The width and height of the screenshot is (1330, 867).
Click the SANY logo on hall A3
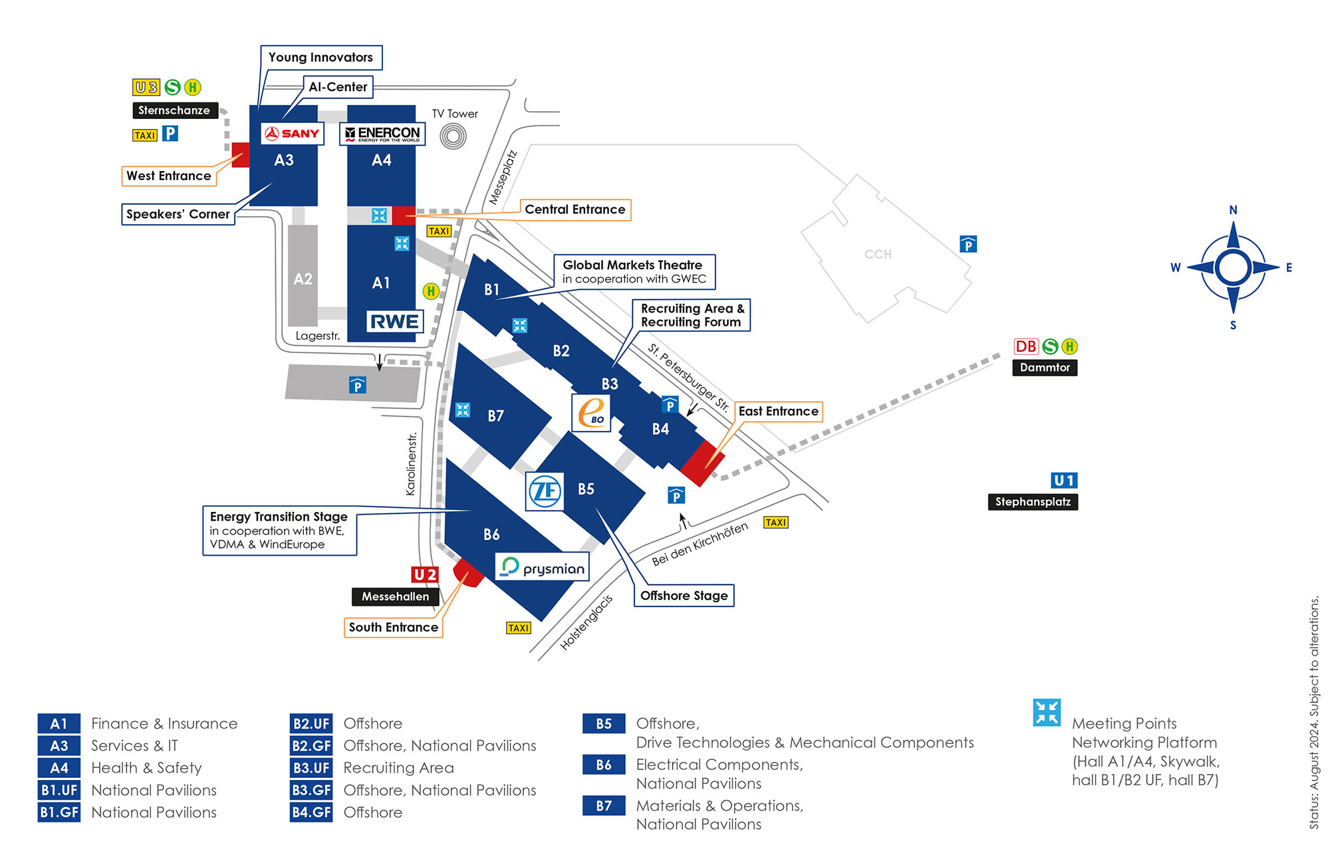pyautogui.click(x=293, y=134)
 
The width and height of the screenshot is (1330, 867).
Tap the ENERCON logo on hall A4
pyautogui.click(x=382, y=134)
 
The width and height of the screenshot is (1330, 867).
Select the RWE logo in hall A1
pyautogui.click(x=394, y=322)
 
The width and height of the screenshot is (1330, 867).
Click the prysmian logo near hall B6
pyautogui.click(x=543, y=567)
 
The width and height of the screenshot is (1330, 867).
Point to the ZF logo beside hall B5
pyautogui.click(x=545, y=491)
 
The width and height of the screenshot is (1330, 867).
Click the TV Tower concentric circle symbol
pyautogui.click(x=454, y=136)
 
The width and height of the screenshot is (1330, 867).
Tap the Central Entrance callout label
pyautogui.click(x=575, y=210)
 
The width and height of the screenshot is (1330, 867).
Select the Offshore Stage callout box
pyautogui.click(x=684, y=596)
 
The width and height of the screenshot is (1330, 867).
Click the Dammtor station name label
pyautogui.click(x=1045, y=368)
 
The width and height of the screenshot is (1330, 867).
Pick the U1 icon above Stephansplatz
pyautogui.click(x=1064, y=480)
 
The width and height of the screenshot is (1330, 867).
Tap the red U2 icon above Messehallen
pyautogui.click(x=425, y=574)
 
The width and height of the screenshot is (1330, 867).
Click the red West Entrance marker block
pyautogui.click(x=241, y=155)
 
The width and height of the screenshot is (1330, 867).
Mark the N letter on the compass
pyautogui.click(x=1233, y=210)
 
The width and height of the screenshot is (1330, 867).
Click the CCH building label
pyautogui.click(x=878, y=255)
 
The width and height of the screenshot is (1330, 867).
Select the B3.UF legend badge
pyautogui.click(x=311, y=768)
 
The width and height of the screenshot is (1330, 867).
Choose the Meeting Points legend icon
pyautogui.click(x=1047, y=713)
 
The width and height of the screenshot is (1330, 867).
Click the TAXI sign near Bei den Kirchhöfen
pyautogui.click(x=776, y=523)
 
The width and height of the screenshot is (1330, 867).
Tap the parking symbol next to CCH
pyautogui.click(x=968, y=244)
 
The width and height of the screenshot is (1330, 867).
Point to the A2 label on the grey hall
pyautogui.click(x=303, y=279)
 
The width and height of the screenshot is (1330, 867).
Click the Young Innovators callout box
pyautogui.click(x=321, y=58)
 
